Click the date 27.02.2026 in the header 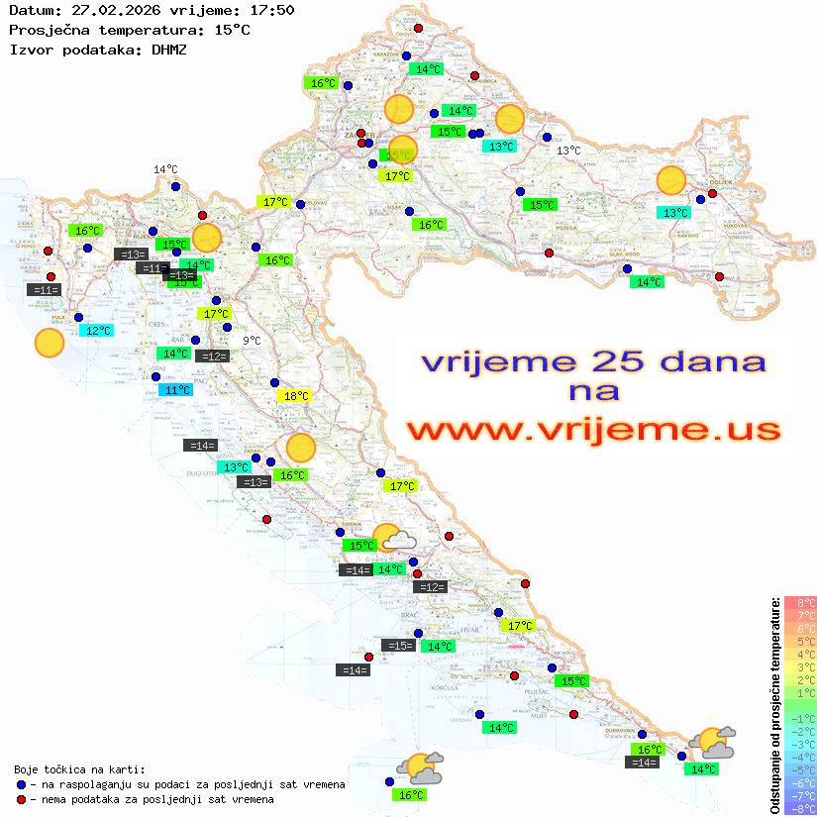[108, 11]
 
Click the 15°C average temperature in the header [232, 30]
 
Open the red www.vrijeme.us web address [593, 430]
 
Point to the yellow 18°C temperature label [296, 396]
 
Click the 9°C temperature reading [252, 341]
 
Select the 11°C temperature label [176, 390]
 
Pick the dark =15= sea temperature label [398, 646]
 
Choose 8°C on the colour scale [800, 602]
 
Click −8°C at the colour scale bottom [800, 808]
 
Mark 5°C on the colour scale [800, 641]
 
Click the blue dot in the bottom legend [21, 784]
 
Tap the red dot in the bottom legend [21, 799]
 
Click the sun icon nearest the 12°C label [49, 344]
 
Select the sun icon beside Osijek [671, 181]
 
